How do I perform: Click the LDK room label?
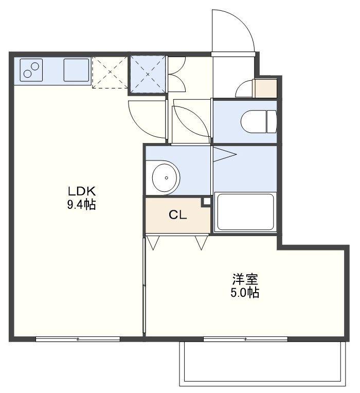(82, 191)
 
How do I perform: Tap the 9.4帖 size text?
(82, 205)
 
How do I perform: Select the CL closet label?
(177, 215)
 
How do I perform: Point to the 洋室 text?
(245, 279)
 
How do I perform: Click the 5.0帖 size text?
(245, 293)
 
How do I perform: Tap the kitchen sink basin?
(77, 70)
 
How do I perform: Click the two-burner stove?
(31, 70)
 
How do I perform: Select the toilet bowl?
(258, 121)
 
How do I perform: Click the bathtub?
(245, 212)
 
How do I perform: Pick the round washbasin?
(166, 177)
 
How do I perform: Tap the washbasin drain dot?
(166, 178)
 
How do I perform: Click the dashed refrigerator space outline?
(110, 72)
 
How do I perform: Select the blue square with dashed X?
(148, 74)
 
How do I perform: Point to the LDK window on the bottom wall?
(78, 339)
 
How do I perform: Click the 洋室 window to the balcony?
(245, 339)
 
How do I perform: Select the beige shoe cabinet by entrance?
(265, 88)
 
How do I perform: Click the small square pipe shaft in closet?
(207, 202)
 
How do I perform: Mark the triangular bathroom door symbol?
(224, 154)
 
